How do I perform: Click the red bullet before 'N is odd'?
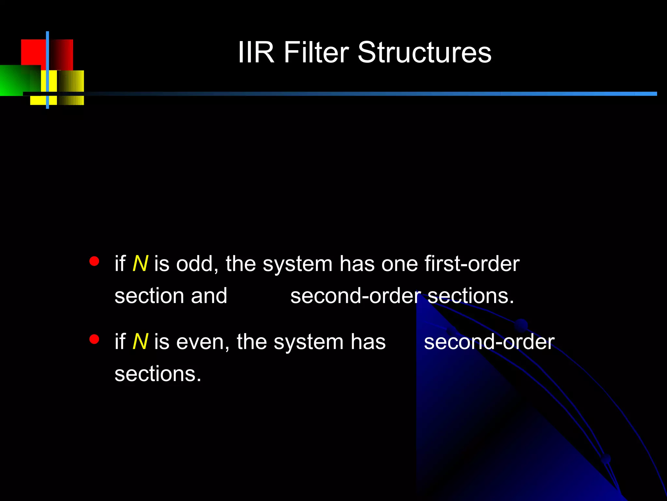click(x=94, y=261)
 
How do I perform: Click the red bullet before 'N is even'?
click(x=94, y=340)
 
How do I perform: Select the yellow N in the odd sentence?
click(x=140, y=264)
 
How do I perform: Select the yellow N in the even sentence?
click(x=140, y=342)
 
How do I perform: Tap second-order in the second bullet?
click(x=489, y=342)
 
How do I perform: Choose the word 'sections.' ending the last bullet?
click(x=158, y=374)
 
